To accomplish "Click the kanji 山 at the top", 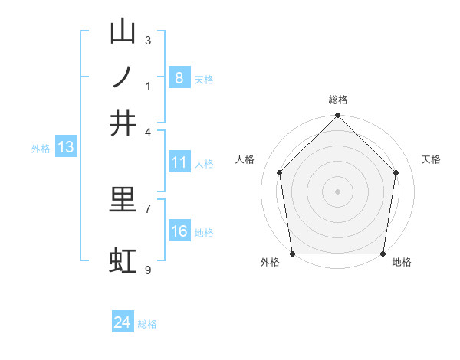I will (123, 31).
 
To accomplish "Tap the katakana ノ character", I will (123, 77).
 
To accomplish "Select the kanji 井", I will (123, 123).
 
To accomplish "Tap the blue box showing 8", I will (179, 77).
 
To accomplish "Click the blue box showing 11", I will (179, 162).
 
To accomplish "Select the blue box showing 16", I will (179, 231).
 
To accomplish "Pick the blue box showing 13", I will (65, 147).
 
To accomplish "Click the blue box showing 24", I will (122, 322).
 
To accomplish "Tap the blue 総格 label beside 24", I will (147, 324).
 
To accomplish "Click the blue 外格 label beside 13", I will (40, 149).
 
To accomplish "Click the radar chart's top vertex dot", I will (337, 116).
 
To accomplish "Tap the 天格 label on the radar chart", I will (432, 159).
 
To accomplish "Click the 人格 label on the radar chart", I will (245, 159).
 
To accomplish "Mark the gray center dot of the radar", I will (337, 191).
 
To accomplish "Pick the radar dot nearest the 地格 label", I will (383, 254).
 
